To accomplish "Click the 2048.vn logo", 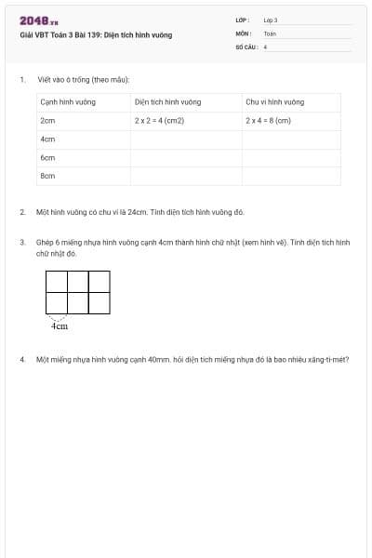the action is pos(38,20).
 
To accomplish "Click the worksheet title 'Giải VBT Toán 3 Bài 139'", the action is pos(95,36).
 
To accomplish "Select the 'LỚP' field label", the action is pos(243,20).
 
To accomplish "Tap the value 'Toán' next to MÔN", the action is pos(270,33).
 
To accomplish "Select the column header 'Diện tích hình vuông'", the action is pos(167,101).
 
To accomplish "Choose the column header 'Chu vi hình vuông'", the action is pos(274,101).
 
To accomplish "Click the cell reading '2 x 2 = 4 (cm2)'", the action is pos(160,120).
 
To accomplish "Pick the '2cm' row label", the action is pos(47,120).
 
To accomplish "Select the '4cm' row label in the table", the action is pos(47,139).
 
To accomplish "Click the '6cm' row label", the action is pos(47,158).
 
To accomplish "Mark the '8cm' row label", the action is pos(47,175).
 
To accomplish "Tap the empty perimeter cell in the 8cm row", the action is pos(291,175).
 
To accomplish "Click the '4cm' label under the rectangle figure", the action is pos(59,326).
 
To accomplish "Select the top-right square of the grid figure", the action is pos(100,281).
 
